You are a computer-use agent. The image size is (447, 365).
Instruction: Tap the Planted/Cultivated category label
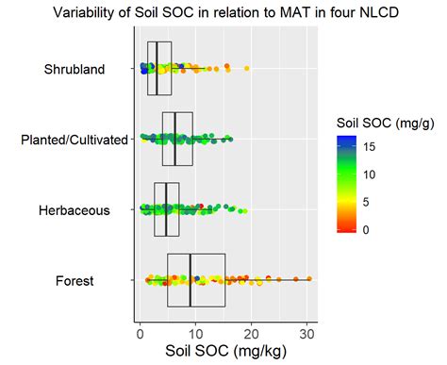74,140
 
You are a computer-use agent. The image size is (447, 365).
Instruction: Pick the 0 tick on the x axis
141,331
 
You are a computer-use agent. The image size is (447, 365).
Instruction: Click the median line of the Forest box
190,280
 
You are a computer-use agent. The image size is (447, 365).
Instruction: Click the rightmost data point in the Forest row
309,279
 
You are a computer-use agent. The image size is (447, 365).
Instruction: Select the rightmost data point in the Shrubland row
247,69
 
